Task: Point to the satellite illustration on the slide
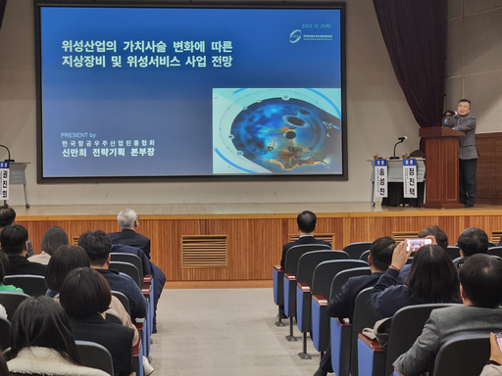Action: pos(276,131)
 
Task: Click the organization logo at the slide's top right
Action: pos(295,36)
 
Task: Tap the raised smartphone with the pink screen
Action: pos(417,244)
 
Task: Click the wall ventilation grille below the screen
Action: pos(203,251)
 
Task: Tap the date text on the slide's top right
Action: pos(316,25)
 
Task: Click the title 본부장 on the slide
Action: pos(140,153)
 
